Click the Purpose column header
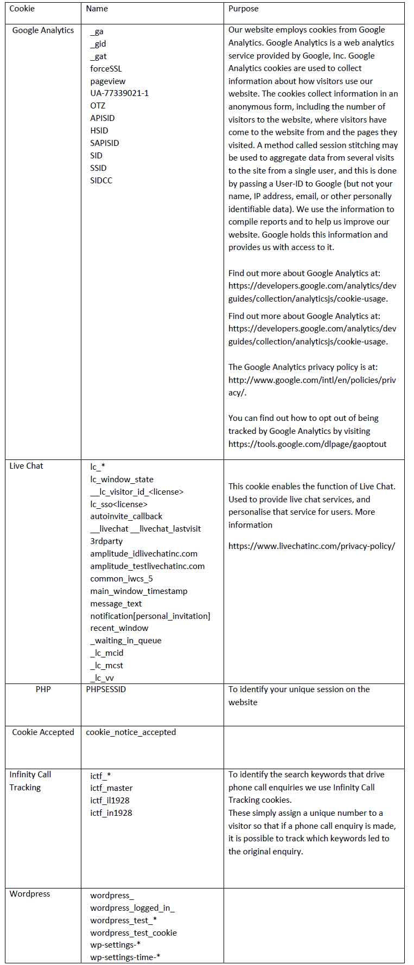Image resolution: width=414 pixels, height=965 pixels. [x=243, y=9]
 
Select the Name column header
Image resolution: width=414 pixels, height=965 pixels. [x=97, y=9]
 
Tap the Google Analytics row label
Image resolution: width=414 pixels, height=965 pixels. [x=43, y=30]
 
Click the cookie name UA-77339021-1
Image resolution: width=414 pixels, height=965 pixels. [x=119, y=93]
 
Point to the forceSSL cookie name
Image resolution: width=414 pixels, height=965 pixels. [x=106, y=68]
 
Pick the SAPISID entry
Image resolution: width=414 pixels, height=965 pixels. [x=104, y=143]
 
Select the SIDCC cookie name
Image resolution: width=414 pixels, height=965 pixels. [x=101, y=180]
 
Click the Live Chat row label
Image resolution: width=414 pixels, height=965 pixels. [x=26, y=466]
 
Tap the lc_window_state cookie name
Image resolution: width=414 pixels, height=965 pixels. [x=122, y=480]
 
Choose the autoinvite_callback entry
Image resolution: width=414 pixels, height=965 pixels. [x=126, y=516]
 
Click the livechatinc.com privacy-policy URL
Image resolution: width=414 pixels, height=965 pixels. [x=311, y=546]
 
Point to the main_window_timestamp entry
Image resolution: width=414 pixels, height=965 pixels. [x=138, y=591]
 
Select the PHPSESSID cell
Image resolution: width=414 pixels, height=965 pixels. [x=106, y=689]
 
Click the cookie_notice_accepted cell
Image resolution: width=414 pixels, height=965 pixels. [x=131, y=732]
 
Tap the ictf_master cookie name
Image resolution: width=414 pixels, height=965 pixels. [x=111, y=788]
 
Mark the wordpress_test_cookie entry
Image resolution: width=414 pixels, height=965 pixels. [x=133, y=933]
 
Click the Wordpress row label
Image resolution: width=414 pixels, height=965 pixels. [x=29, y=894]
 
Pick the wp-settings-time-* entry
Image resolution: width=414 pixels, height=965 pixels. [x=125, y=957]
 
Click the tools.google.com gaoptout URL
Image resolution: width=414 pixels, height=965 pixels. [x=307, y=444]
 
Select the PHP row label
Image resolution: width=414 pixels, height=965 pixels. [x=43, y=689]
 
